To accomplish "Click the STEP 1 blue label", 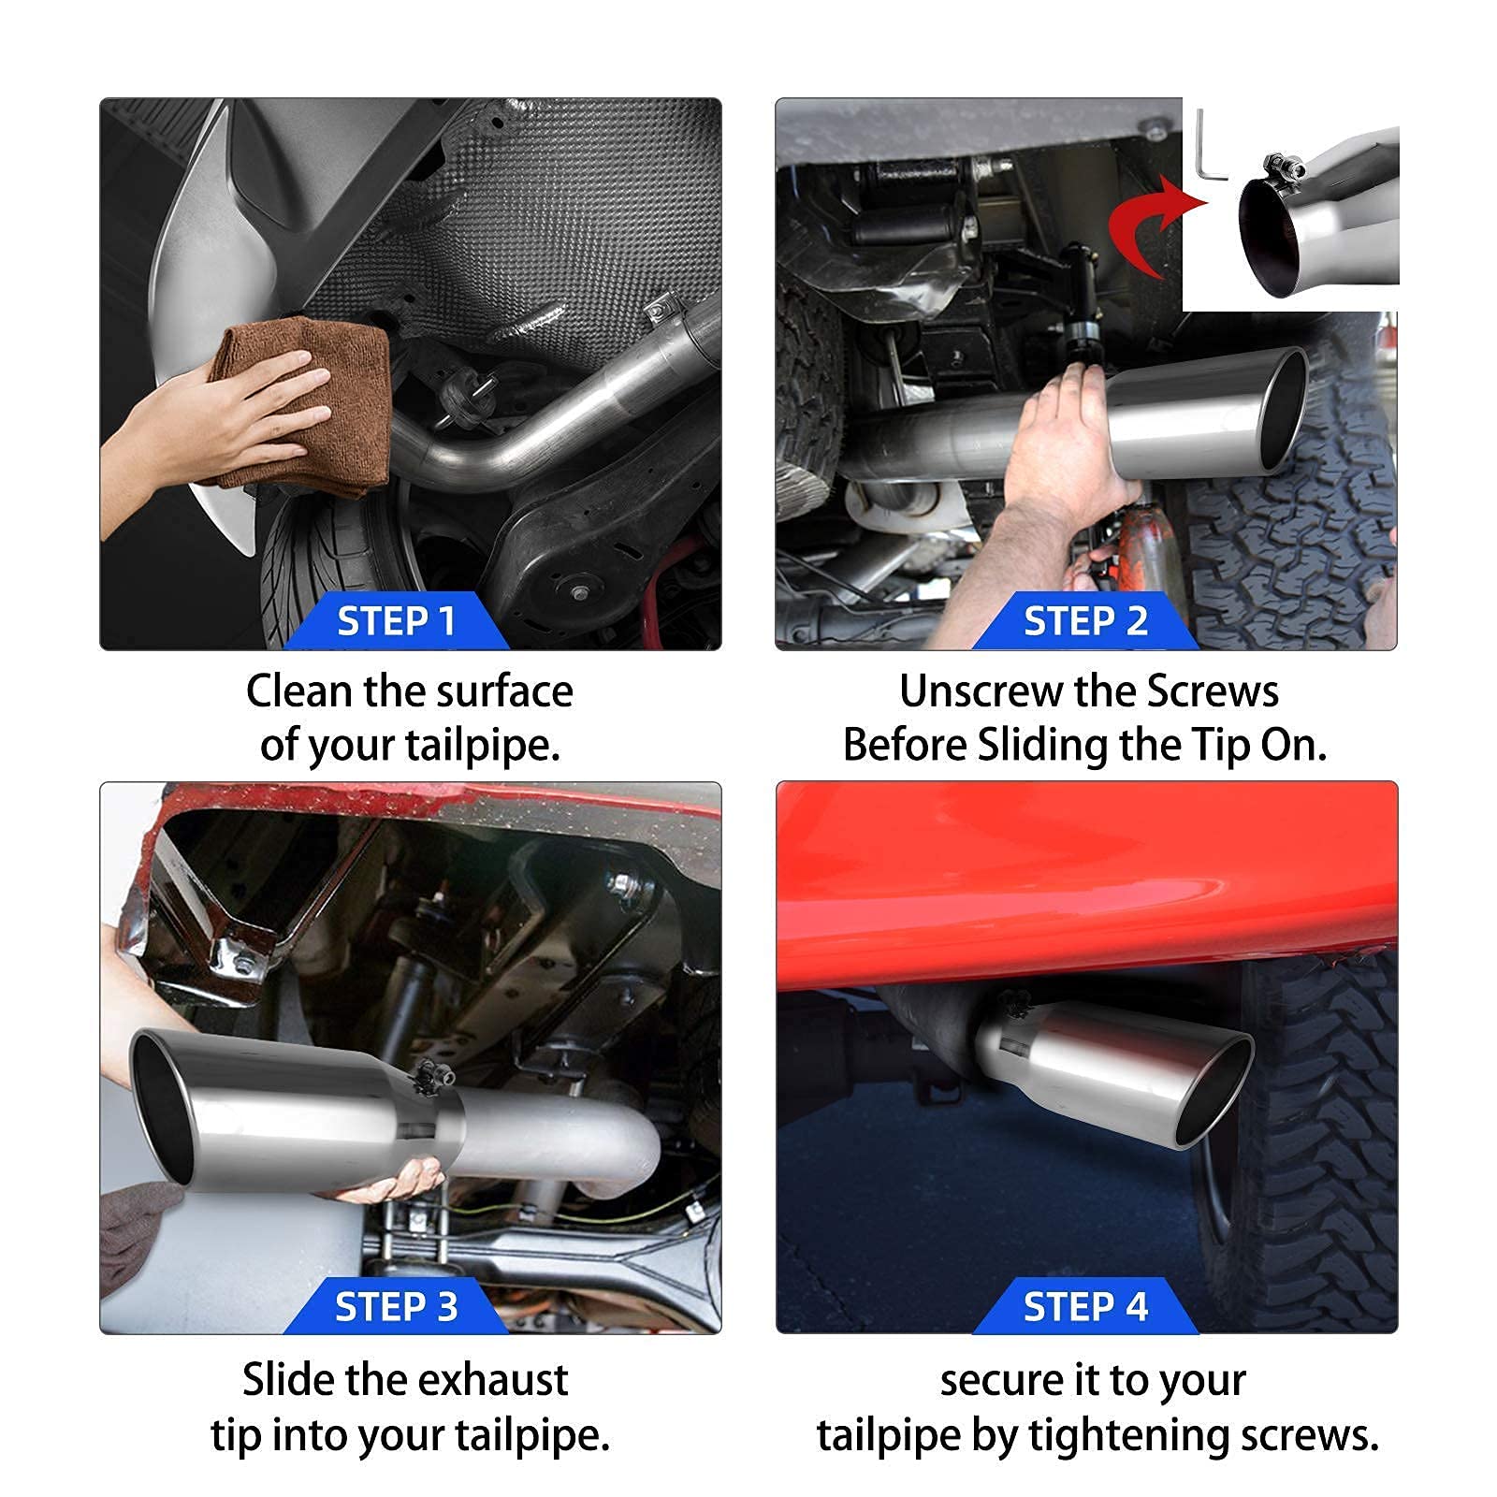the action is point(397,621).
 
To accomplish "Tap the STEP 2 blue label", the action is point(1085,621).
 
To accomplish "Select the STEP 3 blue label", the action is point(397,1306).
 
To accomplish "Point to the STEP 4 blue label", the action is point(1085,1306).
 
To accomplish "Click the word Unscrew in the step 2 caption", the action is point(980,692).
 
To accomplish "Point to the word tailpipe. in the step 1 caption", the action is point(483,747).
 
